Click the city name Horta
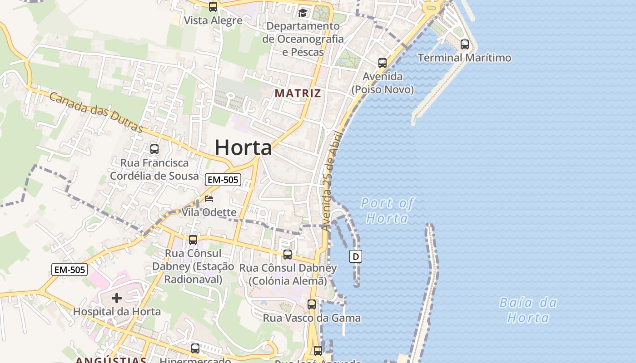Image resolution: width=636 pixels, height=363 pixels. click(243, 147)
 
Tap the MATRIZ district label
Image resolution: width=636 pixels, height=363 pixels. click(298, 93)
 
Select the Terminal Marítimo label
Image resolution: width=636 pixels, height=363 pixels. click(464, 58)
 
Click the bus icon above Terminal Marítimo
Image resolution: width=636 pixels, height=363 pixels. click(464, 44)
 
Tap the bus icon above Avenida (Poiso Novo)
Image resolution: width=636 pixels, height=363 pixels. click(383, 63)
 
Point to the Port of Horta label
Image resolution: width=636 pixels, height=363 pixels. click(387, 211)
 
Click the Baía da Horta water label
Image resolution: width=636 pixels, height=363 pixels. click(528, 310)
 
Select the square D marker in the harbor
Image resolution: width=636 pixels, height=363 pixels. click(356, 256)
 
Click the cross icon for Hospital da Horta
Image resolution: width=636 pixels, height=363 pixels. click(117, 298)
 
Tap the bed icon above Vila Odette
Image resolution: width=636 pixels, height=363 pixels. click(209, 199)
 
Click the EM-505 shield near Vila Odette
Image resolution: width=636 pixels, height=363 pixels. click(223, 180)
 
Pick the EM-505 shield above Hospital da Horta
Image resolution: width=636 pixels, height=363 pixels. click(70, 270)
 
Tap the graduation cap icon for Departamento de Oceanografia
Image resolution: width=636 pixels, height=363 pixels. click(303, 12)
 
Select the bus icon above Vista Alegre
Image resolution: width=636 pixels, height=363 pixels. click(213, 7)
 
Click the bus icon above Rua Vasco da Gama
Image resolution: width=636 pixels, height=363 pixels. click(312, 304)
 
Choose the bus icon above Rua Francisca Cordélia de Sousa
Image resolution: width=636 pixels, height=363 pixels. click(154, 149)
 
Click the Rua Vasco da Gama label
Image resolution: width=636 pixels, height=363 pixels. click(312, 318)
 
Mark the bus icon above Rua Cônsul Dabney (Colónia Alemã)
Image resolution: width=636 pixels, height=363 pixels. click(288, 254)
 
